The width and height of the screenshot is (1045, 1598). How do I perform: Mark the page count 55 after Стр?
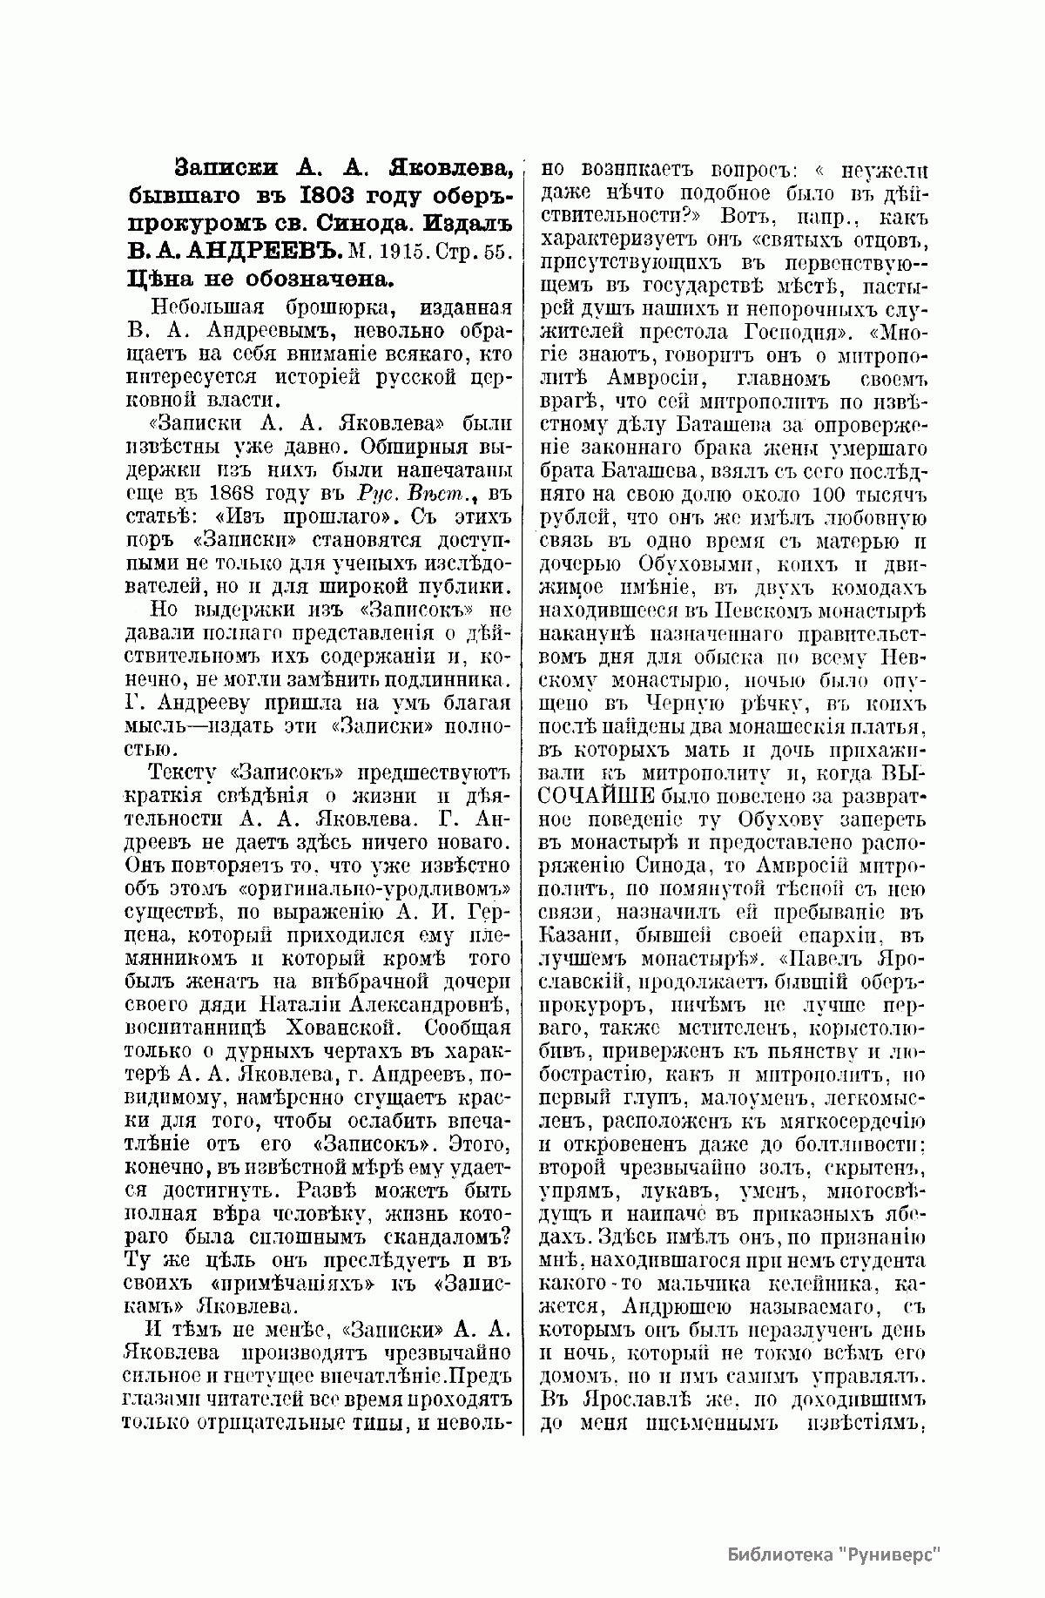501,252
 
